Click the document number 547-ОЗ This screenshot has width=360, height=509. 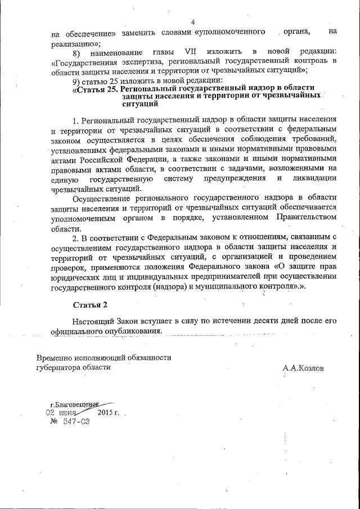pyautogui.click(x=71, y=422)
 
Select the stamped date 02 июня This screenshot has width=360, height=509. pyautogui.click(x=61, y=413)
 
